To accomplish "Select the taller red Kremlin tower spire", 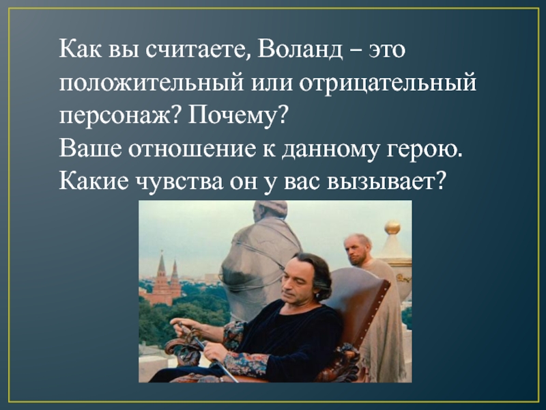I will pyautogui.click(x=162, y=266).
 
